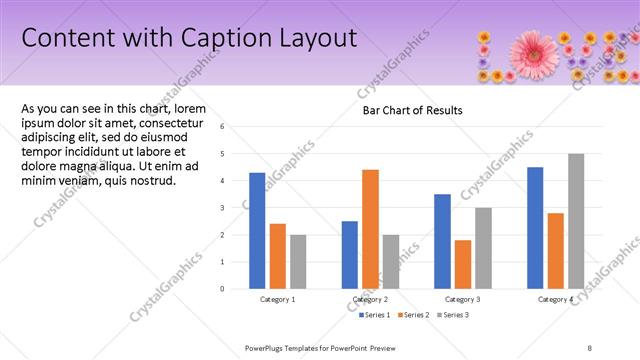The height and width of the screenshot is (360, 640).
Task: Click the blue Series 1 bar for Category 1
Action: (257, 231)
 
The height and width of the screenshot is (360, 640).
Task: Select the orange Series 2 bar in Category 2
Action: (370, 229)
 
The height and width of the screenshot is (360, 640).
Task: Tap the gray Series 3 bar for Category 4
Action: (575, 221)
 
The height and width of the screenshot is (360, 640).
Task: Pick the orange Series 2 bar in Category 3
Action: (462, 264)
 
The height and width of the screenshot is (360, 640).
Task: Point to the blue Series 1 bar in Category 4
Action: (535, 228)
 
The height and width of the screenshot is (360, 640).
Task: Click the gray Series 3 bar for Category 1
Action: (297, 262)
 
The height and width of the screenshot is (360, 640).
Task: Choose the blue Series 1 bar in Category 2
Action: (350, 255)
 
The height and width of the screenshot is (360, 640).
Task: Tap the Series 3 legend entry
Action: (453, 315)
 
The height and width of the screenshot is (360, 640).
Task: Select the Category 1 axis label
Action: (277, 300)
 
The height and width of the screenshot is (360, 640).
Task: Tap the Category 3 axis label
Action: (462, 300)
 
